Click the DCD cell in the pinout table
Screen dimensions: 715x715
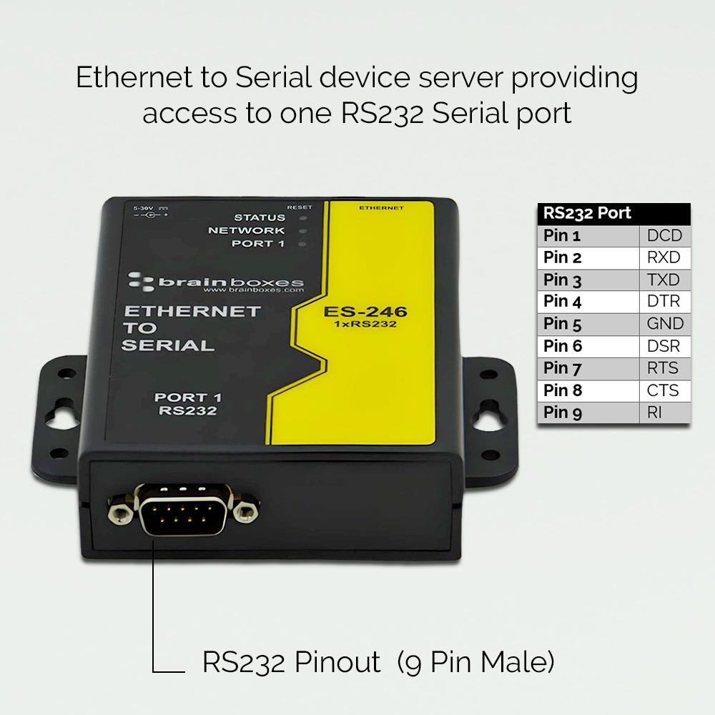pos(664,235)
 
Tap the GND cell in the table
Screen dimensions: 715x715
pos(664,324)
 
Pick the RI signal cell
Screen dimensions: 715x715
pos(654,413)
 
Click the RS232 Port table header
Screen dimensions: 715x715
pos(587,213)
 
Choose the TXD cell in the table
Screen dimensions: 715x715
pos(664,280)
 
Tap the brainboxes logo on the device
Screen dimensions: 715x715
pos(217,283)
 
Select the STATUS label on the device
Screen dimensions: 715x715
pos(259,217)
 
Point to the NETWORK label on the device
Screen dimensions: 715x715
pos(246,230)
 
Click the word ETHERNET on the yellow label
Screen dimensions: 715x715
pos(381,208)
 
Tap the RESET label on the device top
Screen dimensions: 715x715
pos(299,207)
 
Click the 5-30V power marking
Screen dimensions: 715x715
pos(139,208)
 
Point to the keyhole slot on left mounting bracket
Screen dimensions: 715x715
pos(59,413)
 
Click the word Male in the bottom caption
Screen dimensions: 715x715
pos(517,661)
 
